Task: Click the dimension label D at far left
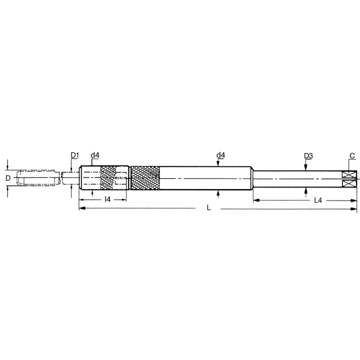pyautogui.click(x=8, y=178)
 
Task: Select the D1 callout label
pyautogui.click(x=75, y=156)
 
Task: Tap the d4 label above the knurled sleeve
pyautogui.click(x=95, y=156)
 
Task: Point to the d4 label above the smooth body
pyautogui.click(x=220, y=156)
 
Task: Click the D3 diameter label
pyautogui.click(x=308, y=156)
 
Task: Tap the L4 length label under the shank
pyautogui.click(x=318, y=199)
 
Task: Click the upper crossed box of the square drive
pyautogui.click(x=350, y=175)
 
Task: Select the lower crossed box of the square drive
pyautogui.click(x=350, y=184)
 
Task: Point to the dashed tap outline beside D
pyautogui.click(x=38, y=178)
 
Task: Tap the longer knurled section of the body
pyautogui.click(x=145, y=179)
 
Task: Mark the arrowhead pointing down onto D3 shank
pyautogui.click(x=306, y=167)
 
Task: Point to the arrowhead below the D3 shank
pyautogui.click(x=306, y=190)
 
